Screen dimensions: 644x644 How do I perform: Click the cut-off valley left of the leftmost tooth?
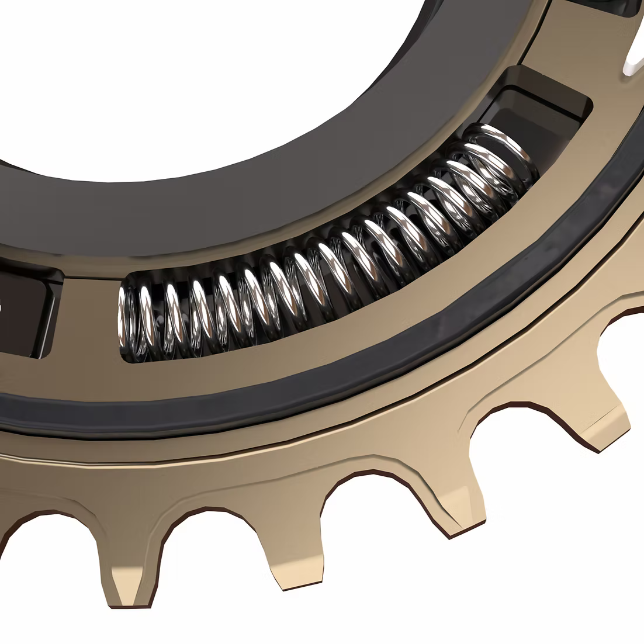[35, 538]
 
